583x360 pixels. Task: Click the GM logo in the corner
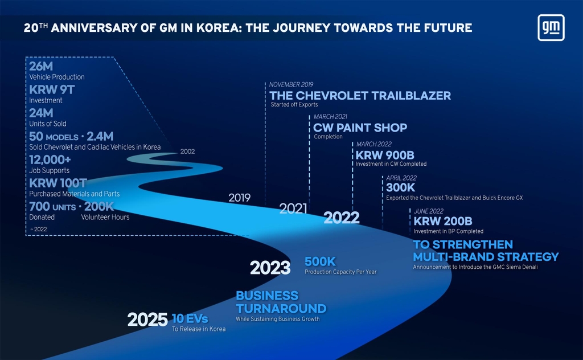pos(551,27)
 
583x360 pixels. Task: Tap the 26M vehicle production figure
pos(41,66)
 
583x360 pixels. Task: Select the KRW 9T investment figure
pos(52,89)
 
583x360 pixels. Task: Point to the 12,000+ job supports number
pos(50,160)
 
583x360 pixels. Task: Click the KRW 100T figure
pos(58,183)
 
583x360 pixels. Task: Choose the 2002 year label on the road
pos(187,152)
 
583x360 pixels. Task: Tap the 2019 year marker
pos(240,198)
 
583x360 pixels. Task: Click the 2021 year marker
pos(293,208)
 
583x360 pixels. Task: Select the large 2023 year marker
pos(270,268)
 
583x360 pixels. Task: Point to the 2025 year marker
pos(147,320)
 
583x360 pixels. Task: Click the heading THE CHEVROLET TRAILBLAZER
pos(360,96)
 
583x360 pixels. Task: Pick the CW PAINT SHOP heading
pos(360,128)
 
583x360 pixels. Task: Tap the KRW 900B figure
pos(385,155)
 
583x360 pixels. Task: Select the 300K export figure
pos(400,187)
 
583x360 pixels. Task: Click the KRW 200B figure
pos(443,221)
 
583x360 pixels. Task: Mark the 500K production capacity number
pos(320,261)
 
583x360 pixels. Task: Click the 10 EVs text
pos(190,319)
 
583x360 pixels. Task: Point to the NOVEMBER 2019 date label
pos(291,84)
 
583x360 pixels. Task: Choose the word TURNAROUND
pos(281,309)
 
